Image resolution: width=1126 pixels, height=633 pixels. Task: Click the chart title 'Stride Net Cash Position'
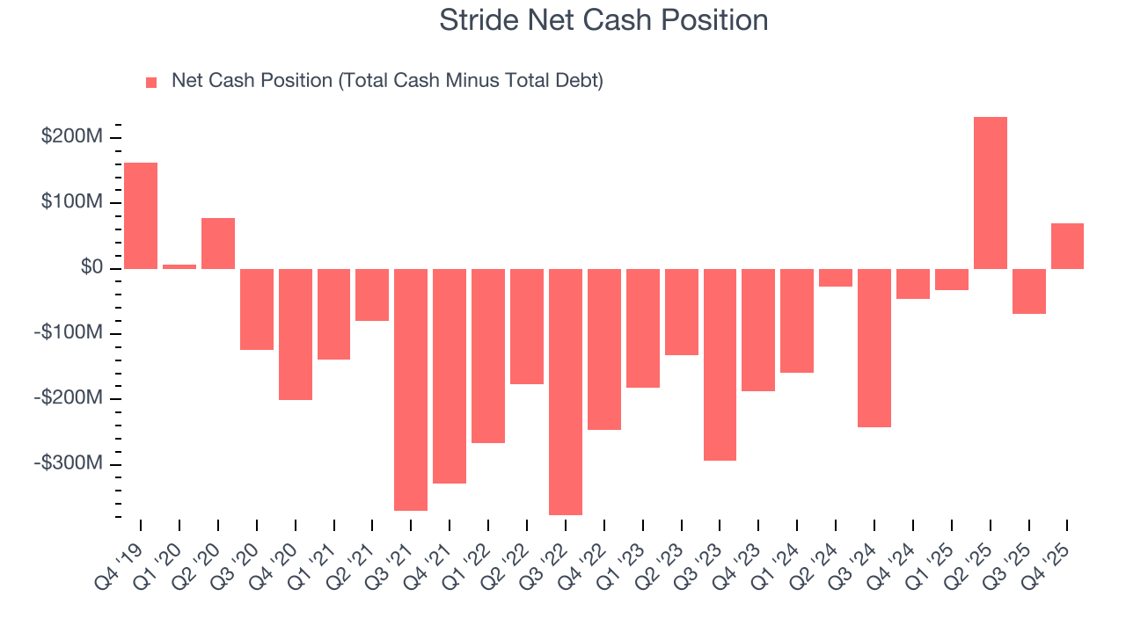tap(603, 20)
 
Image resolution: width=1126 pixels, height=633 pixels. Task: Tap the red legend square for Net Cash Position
tap(151, 82)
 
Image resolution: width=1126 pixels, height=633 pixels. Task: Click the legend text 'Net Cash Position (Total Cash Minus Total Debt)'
tap(387, 81)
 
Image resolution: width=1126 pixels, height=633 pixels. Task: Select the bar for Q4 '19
tap(141, 215)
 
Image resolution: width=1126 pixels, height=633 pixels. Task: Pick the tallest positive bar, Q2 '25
tap(990, 193)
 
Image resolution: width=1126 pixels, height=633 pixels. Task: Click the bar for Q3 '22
tap(565, 391)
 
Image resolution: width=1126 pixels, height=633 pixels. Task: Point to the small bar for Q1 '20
tap(179, 266)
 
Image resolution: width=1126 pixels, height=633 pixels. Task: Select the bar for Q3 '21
tap(411, 389)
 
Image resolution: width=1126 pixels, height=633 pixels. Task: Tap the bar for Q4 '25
tap(1067, 246)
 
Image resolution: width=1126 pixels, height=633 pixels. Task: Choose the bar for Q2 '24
tap(836, 278)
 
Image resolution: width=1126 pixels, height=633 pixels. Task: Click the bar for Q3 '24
tap(874, 348)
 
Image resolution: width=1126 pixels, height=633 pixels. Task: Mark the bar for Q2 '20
tap(218, 244)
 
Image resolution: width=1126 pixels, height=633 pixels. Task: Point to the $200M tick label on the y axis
tap(71, 137)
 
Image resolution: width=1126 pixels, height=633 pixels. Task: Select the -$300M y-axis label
tap(68, 463)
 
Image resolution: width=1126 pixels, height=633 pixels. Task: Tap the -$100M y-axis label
tap(68, 333)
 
